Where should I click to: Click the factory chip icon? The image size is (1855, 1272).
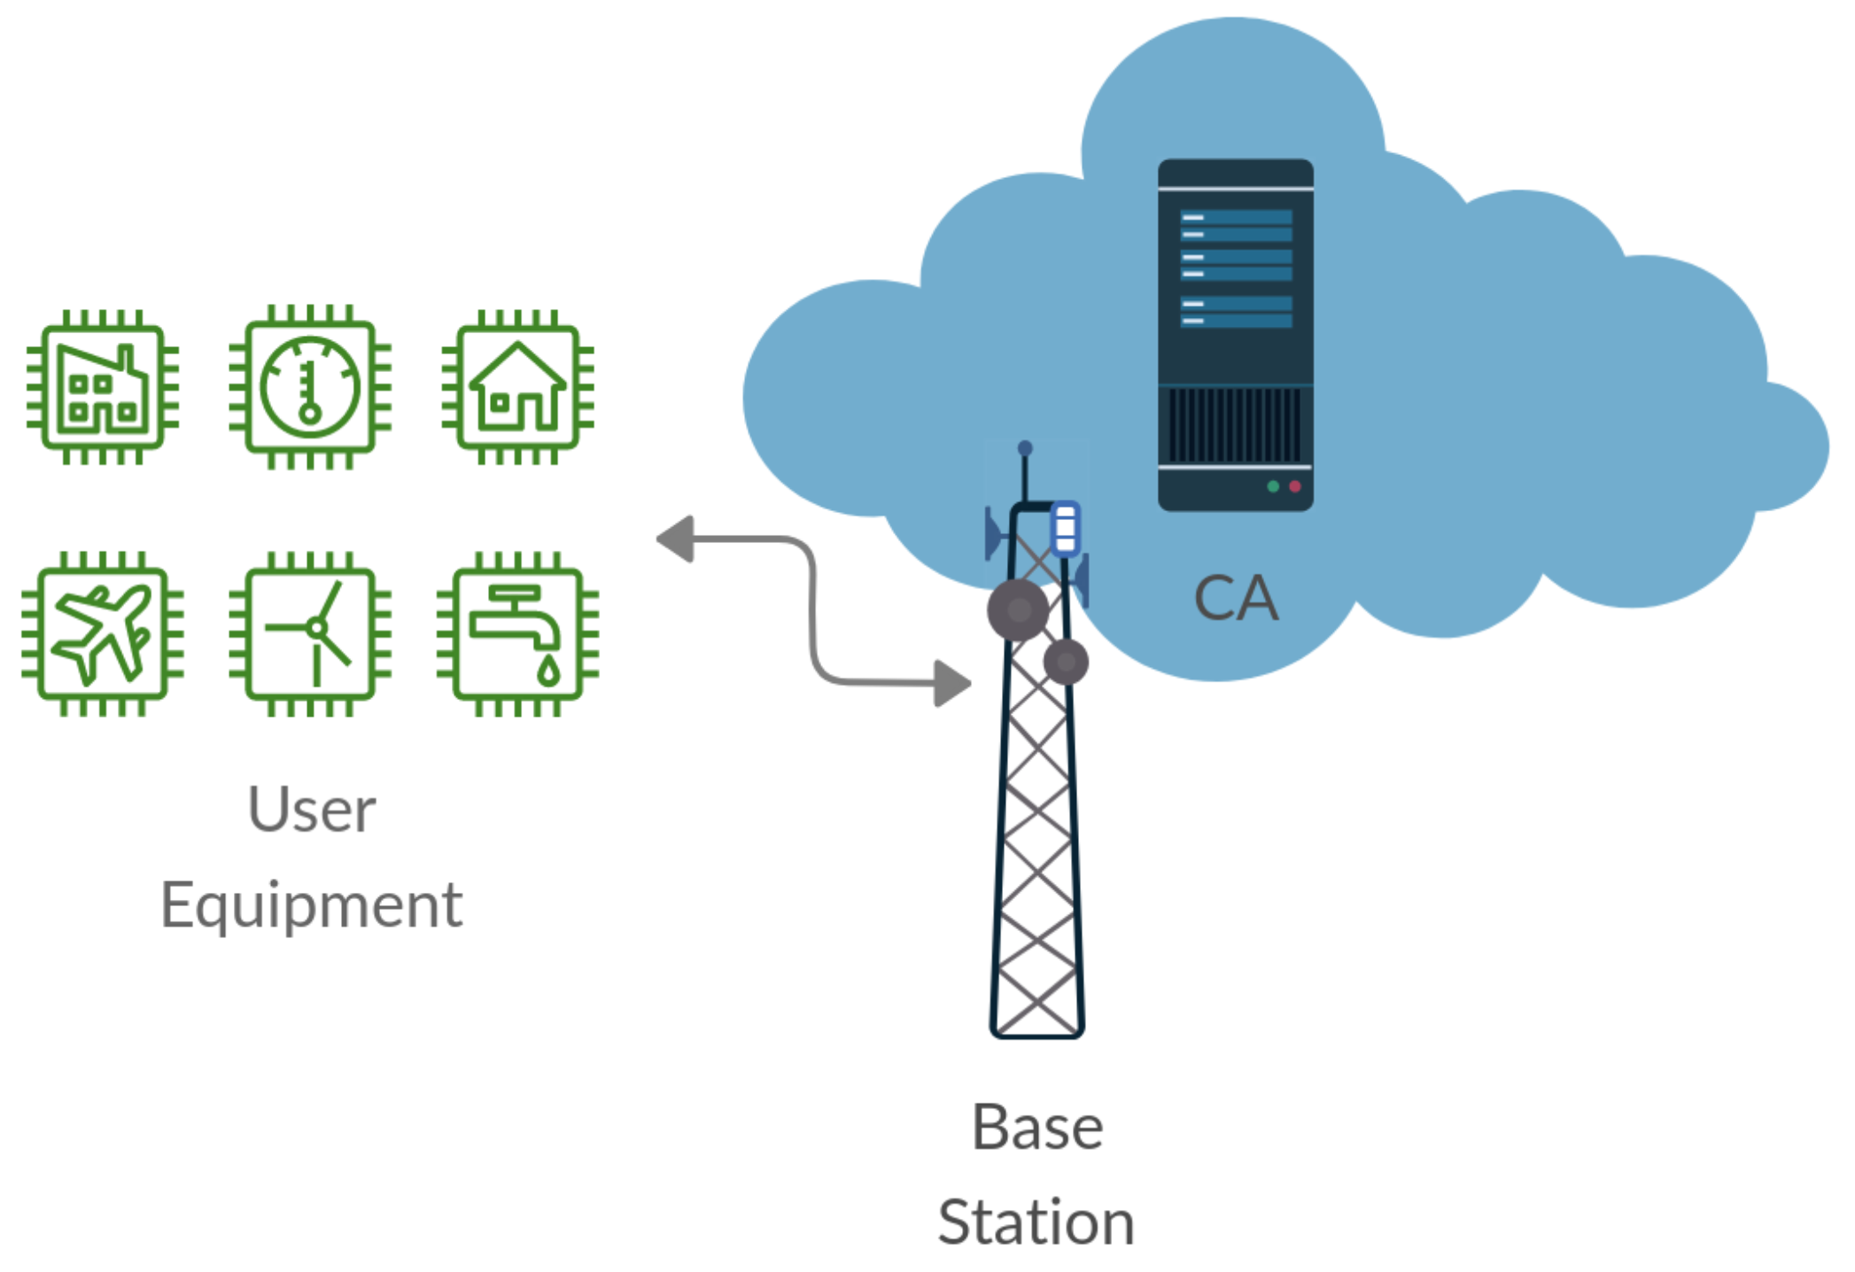(x=103, y=387)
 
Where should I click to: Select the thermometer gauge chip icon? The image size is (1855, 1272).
(x=310, y=387)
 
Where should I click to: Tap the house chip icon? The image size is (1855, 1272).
(x=518, y=387)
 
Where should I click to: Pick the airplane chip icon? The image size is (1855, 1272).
(x=103, y=633)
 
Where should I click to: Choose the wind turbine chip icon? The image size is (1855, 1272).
(x=310, y=633)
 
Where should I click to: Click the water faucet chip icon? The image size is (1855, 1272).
(x=518, y=633)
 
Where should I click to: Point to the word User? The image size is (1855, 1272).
(x=312, y=810)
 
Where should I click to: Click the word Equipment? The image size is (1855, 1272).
(x=312, y=906)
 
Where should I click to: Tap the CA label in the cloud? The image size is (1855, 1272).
(x=1236, y=598)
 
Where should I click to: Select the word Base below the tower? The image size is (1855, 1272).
(x=1037, y=1128)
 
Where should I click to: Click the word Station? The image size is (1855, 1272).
(x=1036, y=1223)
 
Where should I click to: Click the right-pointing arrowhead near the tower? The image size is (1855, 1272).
(x=953, y=683)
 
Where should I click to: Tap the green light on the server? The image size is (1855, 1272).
(x=1273, y=486)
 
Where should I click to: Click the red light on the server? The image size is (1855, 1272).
(x=1295, y=486)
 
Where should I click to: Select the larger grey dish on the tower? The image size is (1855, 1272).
(x=1019, y=609)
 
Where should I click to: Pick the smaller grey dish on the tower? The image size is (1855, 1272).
(x=1066, y=662)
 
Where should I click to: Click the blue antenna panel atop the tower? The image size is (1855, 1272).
(x=1065, y=529)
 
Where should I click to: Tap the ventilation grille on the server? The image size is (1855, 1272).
(x=1235, y=424)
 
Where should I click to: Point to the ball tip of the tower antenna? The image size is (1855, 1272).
(x=1025, y=448)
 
